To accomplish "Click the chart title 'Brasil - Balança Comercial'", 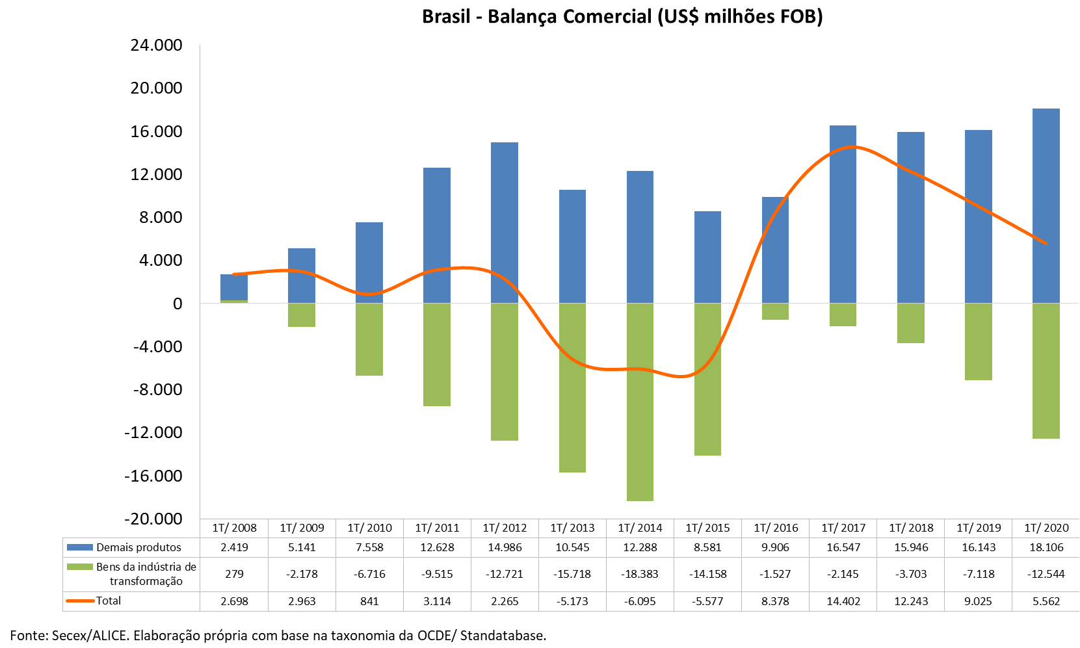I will (622, 16).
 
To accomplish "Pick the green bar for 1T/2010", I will (369, 339).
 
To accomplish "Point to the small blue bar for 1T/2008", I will (234, 287).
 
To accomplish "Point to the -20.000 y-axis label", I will (153, 519).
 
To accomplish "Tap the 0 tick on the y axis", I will (177, 304).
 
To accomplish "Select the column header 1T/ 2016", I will (776, 528).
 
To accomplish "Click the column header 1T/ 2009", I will (302, 528).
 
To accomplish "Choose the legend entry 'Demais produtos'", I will (138, 547).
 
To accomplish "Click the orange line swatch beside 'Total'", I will (80, 601).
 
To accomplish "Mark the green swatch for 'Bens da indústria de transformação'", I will (80, 567).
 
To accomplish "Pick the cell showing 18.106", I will (1046, 547).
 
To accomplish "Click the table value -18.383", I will (640, 574).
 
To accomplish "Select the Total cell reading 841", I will (369, 601).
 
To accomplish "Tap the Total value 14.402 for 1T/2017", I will (843, 601).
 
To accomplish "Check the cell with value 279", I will (234, 574).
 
